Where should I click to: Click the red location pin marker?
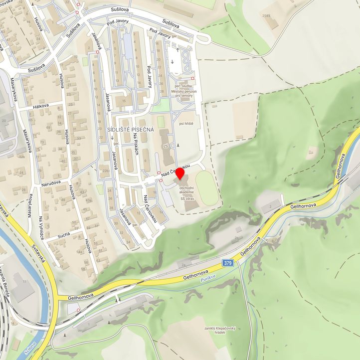pos(179,176)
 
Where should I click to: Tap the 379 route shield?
pos(228,262)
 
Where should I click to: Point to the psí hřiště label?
pos(185,123)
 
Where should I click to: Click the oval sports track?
pos(206,188)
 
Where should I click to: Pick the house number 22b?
pos(105,171)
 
